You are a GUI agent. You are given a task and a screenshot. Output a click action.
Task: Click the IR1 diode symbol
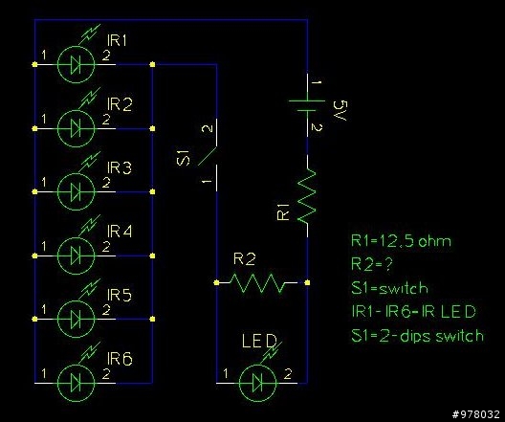pyautogui.click(x=76, y=64)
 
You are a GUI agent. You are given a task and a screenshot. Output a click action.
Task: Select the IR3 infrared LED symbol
pyautogui.click(x=76, y=191)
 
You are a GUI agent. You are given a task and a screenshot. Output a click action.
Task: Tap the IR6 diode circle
pyautogui.click(x=76, y=383)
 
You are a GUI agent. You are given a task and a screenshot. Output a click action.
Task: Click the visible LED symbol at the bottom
pyautogui.click(x=258, y=383)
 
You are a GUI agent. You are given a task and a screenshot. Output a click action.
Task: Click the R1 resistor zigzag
pyautogui.click(x=307, y=196)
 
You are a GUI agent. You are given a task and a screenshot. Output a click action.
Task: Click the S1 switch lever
pyautogui.click(x=208, y=156)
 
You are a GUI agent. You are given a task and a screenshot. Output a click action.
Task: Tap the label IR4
pyautogui.click(x=120, y=232)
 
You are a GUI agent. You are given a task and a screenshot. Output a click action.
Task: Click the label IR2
pyautogui.click(x=120, y=104)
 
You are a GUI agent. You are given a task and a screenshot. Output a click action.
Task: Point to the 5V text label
pyautogui.click(x=342, y=110)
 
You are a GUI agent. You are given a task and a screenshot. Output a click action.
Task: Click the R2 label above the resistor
pyautogui.click(x=245, y=259)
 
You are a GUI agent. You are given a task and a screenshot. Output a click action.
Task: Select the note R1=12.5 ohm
pyautogui.click(x=401, y=241)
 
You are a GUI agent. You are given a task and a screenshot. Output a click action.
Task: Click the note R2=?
pyautogui.click(x=372, y=264)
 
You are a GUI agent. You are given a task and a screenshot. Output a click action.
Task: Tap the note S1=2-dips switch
pyautogui.click(x=417, y=335)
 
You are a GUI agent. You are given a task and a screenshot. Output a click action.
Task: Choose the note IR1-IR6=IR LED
pyautogui.click(x=413, y=311)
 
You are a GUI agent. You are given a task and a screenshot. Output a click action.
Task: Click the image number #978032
pyautogui.click(x=476, y=414)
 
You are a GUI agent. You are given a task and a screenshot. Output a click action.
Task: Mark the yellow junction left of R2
pyautogui.click(x=216, y=283)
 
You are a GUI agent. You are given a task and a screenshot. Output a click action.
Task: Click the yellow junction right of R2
pyautogui.click(x=307, y=283)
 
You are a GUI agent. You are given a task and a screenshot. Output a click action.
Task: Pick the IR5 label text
pyautogui.click(x=120, y=295)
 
